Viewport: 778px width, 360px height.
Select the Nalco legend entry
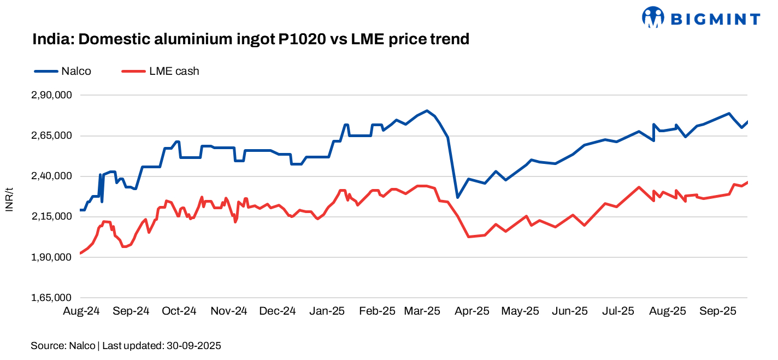point(62,71)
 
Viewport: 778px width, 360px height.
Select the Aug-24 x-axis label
point(81,311)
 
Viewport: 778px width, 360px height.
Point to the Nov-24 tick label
point(229,311)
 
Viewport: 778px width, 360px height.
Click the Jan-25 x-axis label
point(327,311)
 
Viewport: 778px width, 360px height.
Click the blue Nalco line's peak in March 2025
point(427,110)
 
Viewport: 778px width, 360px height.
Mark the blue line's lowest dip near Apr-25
point(457,197)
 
